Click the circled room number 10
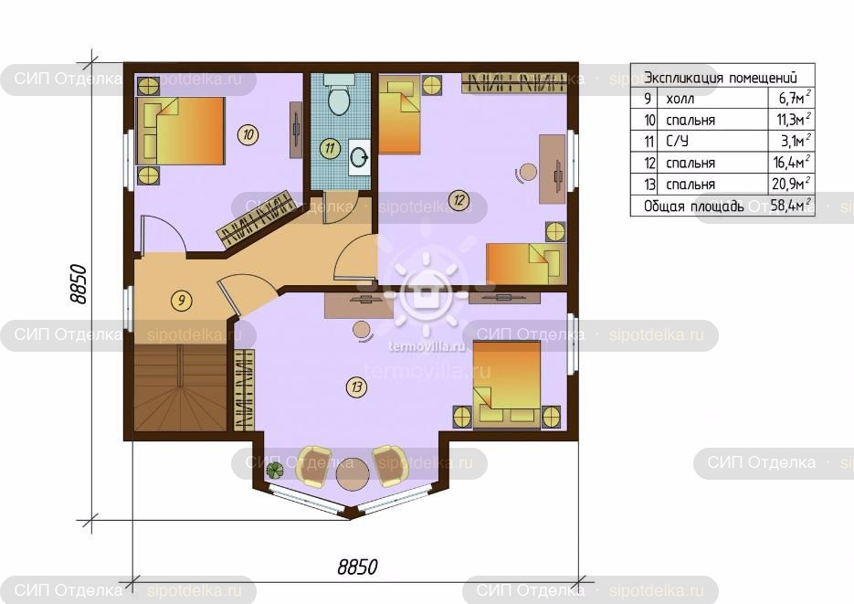(x=248, y=134)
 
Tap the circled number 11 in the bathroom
(x=330, y=148)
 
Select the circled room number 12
(x=459, y=200)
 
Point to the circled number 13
(x=357, y=387)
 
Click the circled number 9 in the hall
(x=182, y=300)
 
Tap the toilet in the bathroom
(x=339, y=95)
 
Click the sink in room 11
(x=359, y=157)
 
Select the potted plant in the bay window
(x=275, y=469)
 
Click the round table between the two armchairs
(x=353, y=475)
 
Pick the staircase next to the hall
(x=180, y=387)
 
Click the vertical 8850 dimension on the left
(x=78, y=284)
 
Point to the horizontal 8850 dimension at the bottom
(x=357, y=567)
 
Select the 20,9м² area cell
(x=791, y=184)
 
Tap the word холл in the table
(x=680, y=99)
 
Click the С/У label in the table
(x=677, y=141)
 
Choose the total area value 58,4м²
(x=791, y=206)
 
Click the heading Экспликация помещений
(x=721, y=78)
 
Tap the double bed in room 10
(x=180, y=131)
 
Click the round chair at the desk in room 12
(x=528, y=173)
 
